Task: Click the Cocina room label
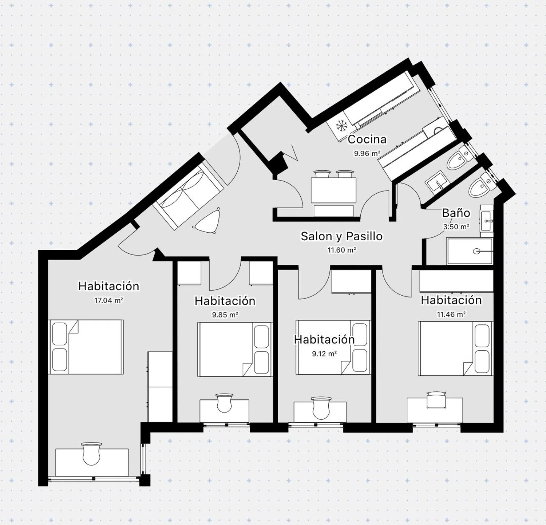pos(367,139)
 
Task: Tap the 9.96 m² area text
pos(367,154)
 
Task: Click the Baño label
pos(456,213)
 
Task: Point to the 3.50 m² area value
pos(456,227)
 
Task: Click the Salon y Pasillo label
pos(341,236)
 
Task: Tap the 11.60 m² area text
pos(341,250)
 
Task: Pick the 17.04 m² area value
pos(108,301)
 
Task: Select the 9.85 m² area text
pos(225,315)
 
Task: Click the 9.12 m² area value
pos(324,354)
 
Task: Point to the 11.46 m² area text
pos(451,314)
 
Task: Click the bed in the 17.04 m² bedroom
pos(86,347)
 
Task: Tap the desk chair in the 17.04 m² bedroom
pos(91,454)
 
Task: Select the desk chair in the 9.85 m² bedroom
pos(224,403)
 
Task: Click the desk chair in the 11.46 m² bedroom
pos(436,399)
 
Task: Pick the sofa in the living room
pos(188,197)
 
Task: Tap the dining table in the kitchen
pos(333,190)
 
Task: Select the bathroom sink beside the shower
pos(487,221)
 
